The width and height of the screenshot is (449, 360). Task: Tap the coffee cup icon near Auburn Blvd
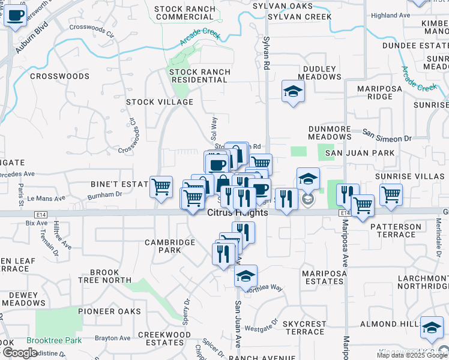[15, 16]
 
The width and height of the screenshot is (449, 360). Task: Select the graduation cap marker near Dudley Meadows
[293, 91]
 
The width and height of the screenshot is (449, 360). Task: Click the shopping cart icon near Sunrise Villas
[391, 194]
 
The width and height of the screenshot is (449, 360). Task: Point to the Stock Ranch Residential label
[200, 76]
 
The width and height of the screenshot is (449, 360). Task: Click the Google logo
[19, 353]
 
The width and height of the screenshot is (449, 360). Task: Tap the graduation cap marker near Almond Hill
[432, 327]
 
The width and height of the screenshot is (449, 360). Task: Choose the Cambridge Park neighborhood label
[170, 246]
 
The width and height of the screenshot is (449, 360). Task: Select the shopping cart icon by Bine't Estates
[161, 187]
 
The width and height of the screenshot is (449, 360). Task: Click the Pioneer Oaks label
[109, 311]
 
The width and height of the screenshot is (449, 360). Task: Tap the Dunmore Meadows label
[330, 133]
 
